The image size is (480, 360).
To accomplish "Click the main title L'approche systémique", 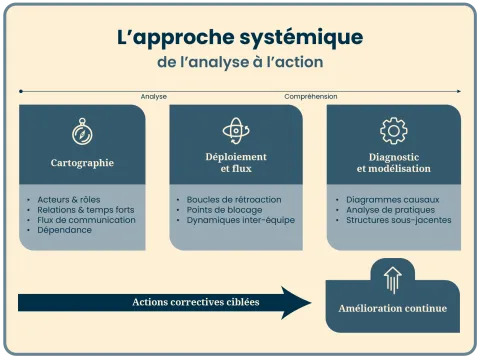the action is point(240,38).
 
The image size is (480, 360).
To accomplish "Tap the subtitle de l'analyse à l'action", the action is point(240,62).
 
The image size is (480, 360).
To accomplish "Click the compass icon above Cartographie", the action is point(82,131).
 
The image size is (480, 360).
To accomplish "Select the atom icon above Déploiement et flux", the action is point(236,130).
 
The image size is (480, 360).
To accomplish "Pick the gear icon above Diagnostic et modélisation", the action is point(393,130).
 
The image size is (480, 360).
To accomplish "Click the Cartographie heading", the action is point(82,162).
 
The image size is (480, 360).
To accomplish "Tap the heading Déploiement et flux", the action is point(236,162).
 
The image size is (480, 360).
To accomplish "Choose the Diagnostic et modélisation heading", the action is point(393,162).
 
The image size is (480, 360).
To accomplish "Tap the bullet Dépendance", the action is point(64,229).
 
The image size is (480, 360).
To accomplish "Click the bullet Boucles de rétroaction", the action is point(234,199).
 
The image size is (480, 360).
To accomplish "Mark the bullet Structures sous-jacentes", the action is point(397,219).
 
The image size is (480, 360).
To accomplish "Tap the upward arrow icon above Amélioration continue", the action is point(392,279).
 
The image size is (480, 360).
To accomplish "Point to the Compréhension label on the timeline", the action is point(310,96).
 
